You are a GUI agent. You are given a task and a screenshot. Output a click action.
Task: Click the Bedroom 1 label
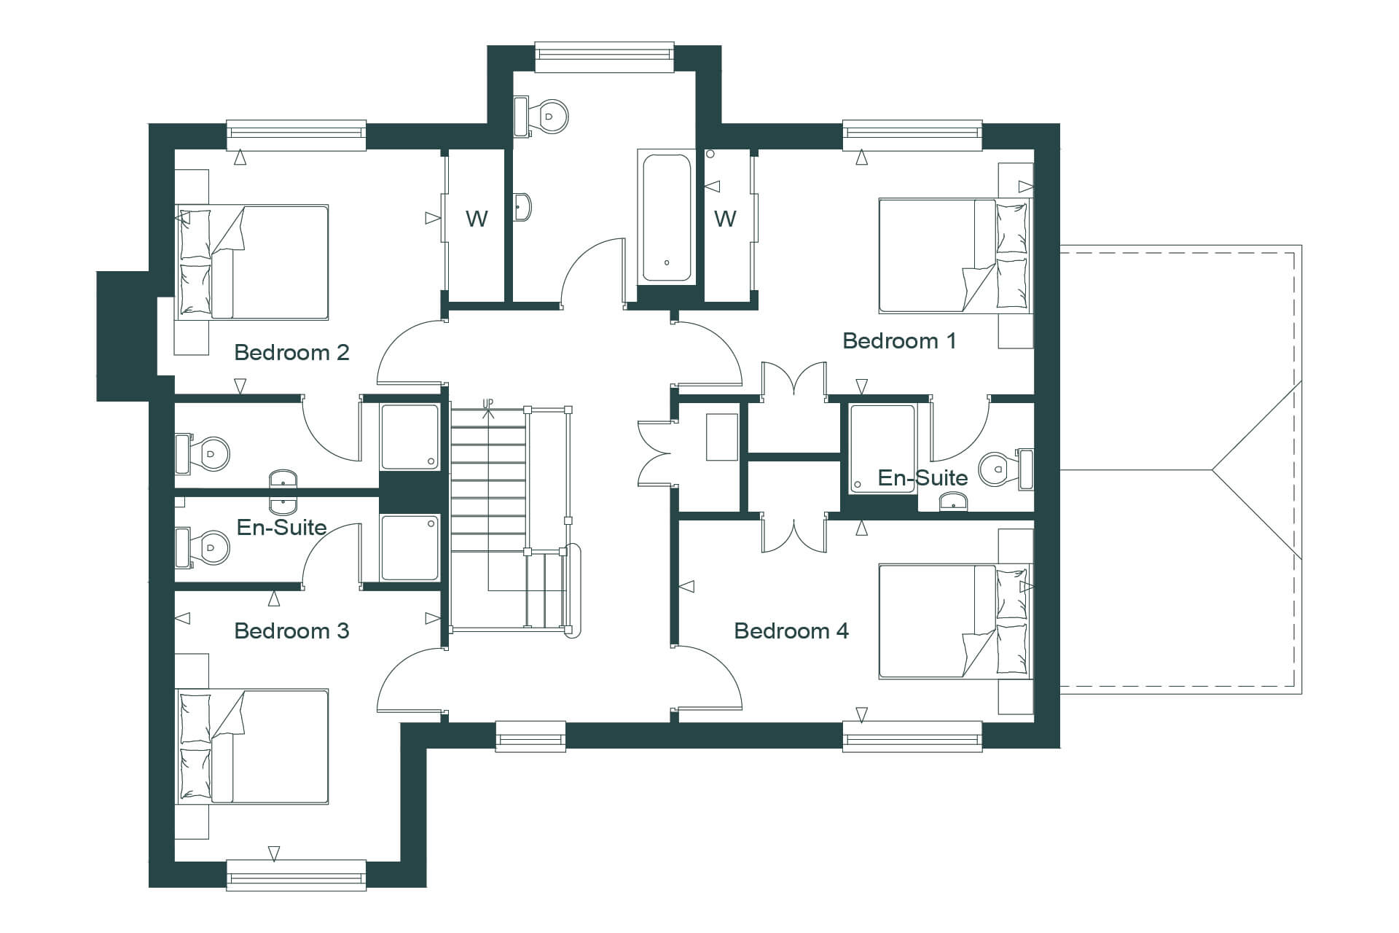899,340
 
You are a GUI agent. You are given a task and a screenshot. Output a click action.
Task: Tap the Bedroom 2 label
291,353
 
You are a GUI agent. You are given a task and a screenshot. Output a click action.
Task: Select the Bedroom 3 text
291,631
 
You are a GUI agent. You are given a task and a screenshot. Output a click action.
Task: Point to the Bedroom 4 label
791,631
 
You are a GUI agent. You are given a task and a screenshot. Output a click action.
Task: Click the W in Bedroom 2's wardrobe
477,218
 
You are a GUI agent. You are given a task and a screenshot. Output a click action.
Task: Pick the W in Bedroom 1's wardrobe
725,218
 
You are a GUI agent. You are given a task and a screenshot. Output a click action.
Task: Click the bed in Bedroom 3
252,746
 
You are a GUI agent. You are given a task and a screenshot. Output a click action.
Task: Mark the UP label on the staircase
487,403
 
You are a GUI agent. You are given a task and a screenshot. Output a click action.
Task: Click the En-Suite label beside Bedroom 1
922,477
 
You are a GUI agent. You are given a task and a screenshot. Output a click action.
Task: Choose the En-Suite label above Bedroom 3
282,527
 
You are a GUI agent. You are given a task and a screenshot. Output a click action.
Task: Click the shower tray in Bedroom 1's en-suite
882,448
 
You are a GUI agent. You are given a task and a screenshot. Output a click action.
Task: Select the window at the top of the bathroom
604,57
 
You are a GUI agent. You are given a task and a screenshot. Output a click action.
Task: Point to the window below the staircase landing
530,736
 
